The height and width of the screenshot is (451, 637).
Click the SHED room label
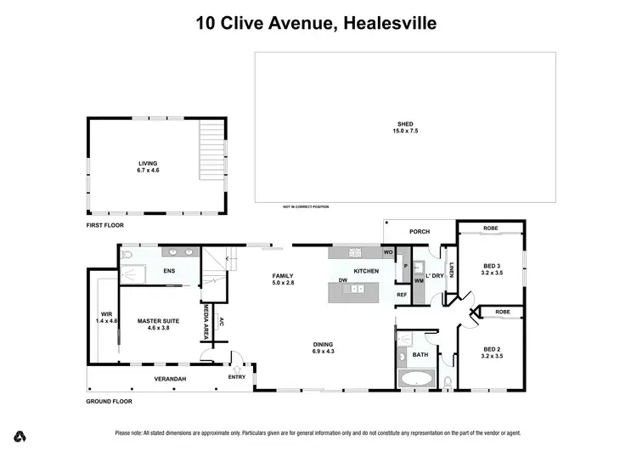(x=404, y=124)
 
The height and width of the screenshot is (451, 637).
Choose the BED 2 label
(x=493, y=349)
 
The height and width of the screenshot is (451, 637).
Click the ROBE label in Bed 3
(x=491, y=228)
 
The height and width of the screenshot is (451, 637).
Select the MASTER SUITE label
(x=154, y=320)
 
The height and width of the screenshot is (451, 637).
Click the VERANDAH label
(x=170, y=379)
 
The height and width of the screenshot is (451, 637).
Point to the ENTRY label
(x=236, y=377)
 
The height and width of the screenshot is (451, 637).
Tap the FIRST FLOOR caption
(x=106, y=227)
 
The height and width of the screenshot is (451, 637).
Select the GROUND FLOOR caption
(x=110, y=401)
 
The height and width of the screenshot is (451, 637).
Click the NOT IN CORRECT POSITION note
(x=306, y=206)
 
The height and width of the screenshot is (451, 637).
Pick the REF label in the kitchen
(x=403, y=294)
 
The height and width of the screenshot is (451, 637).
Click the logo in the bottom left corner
(x=20, y=437)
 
